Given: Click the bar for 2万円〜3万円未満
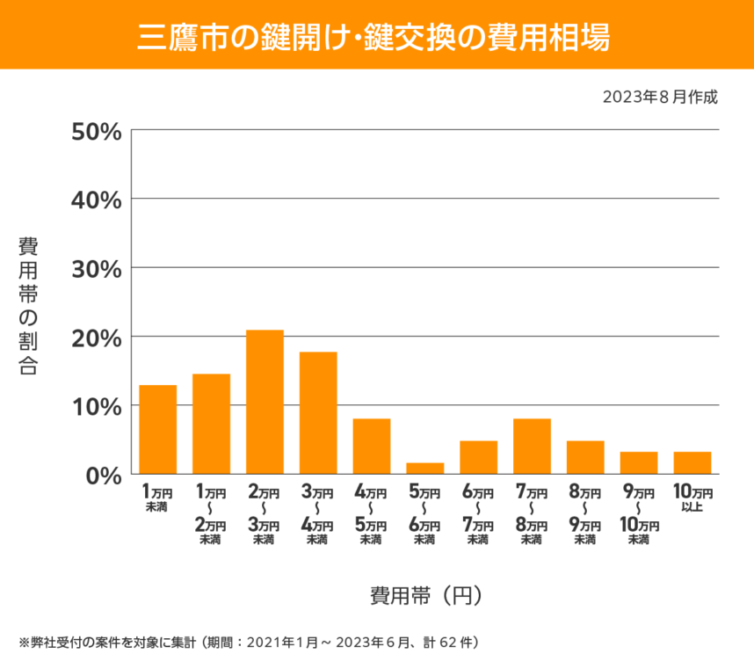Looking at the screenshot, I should [x=265, y=402].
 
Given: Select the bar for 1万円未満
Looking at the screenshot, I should [x=158, y=429].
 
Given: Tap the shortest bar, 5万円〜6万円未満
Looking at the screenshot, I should [x=425, y=468].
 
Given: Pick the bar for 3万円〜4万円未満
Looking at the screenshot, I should [x=318, y=412].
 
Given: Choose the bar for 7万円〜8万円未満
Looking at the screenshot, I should [x=532, y=446].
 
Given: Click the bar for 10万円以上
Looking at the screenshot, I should [x=692, y=462].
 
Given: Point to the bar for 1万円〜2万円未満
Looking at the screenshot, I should [x=211, y=424].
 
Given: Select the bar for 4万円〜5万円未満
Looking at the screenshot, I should [x=372, y=446].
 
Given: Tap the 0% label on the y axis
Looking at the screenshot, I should [x=102, y=476].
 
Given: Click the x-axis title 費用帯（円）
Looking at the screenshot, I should [x=425, y=595].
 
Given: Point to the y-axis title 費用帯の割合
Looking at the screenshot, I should [x=28, y=305].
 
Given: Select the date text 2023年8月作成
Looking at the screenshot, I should [x=660, y=97].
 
